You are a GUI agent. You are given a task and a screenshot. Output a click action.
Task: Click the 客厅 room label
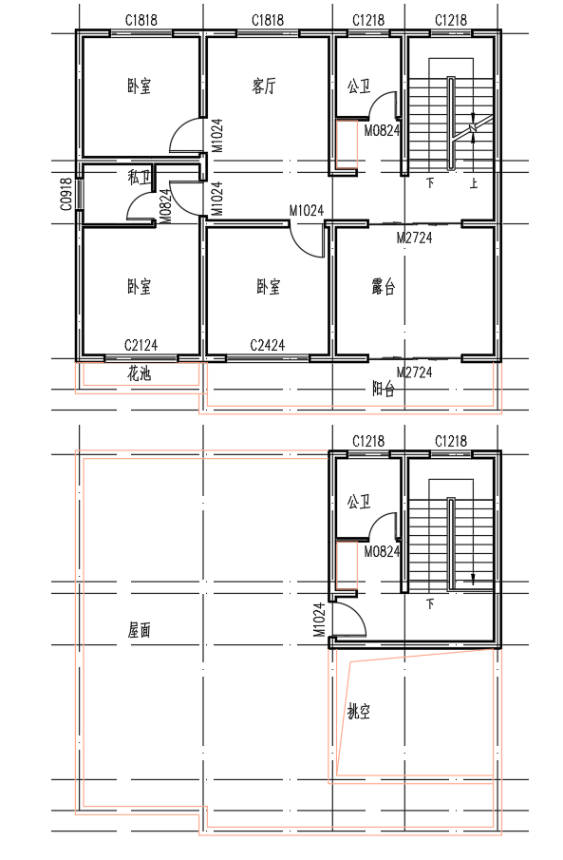click(x=264, y=86)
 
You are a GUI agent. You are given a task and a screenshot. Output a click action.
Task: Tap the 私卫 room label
click(x=140, y=177)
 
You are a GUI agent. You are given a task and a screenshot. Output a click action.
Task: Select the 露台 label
click(x=384, y=287)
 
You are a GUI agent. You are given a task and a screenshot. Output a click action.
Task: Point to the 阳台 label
click(x=384, y=390)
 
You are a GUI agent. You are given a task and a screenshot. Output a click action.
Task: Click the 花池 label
click(x=140, y=374)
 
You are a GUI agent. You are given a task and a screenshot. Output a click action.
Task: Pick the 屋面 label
click(x=140, y=630)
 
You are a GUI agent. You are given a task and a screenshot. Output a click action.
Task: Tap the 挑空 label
click(x=359, y=712)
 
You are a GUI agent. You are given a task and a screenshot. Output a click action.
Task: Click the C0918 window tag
click(x=66, y=194)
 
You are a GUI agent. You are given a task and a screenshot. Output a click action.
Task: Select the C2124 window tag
click(x=141, y=346)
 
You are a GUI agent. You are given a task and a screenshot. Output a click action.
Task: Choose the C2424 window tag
click(x=268, y=346)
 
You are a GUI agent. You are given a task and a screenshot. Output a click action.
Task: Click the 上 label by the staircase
click(x=474, y=182)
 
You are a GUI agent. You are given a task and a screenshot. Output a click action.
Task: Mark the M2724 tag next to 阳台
click(x=415, y=373)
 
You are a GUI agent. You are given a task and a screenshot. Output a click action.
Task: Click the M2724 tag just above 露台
click(x=415, y=238)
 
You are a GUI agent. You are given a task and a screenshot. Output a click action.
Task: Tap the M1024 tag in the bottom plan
click(x=320, y=620)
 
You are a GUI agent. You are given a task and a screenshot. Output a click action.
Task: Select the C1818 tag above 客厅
click(x=268, y=20)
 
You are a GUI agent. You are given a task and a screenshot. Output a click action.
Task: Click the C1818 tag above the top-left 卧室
click(x=141, y=20)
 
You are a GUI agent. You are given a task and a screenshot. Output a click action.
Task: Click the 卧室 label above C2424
click(x=269, y=287)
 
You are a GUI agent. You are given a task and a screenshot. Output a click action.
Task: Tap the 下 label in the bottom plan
click(x=430, y=603)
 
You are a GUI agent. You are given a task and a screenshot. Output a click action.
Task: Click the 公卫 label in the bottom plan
click(x=359, y=502)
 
